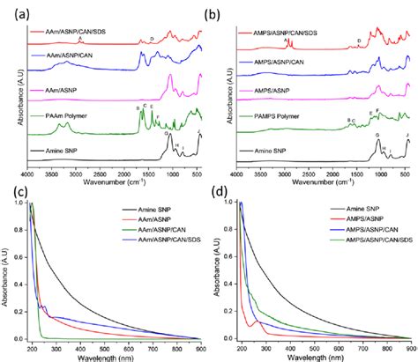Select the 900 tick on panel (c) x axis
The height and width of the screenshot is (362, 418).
(x=198, y=347)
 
